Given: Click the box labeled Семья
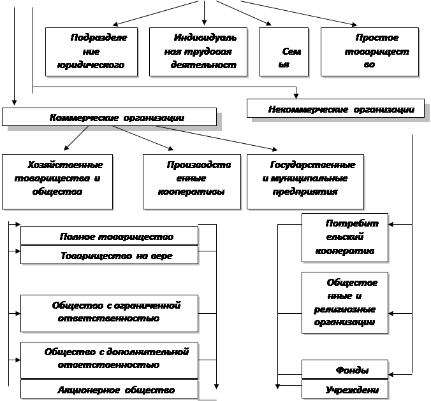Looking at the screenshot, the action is tap(284, 52).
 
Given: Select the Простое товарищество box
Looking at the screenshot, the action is tap(370, 52).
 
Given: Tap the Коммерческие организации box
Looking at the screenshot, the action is tap(110, 117).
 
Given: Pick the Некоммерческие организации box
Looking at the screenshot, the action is tap(335, 108).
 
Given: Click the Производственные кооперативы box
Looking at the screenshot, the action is tap(192, 181).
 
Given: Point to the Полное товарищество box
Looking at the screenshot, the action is tap(110, 236).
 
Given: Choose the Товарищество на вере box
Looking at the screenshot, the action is tap(110, 255).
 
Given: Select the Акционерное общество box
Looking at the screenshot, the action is tap(110, 389).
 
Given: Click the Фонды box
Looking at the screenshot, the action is tap(345, 369).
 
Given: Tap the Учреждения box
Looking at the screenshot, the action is tap(345, 389).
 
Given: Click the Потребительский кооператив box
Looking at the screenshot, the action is tap(345, 237).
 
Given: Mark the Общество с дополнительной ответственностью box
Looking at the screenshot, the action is tap(110, 360).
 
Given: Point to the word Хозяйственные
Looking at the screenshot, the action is tap(66, 165).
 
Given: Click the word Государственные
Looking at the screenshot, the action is tap(313, 165).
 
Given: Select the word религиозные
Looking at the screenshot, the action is tap(345, 309).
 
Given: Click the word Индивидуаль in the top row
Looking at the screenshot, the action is tap(205, 38).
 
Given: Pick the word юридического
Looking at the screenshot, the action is tap(91, 65).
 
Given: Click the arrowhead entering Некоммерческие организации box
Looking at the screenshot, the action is tap(296, 96).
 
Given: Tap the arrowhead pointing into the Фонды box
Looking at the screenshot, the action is tap(391, 375).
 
